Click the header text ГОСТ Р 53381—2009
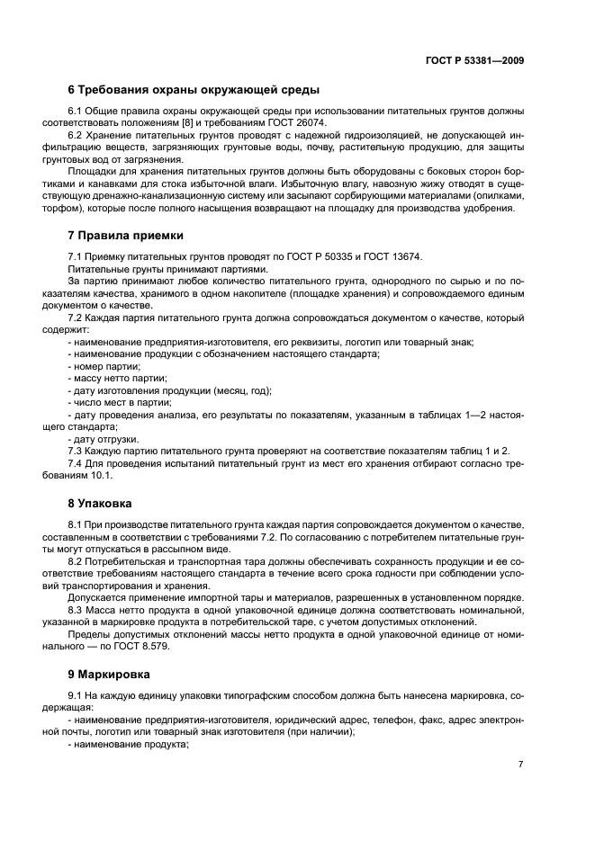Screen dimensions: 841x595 474,60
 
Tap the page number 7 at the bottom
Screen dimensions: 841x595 520,764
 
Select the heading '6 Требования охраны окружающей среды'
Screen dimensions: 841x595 194,90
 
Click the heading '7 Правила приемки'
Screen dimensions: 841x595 126,236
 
